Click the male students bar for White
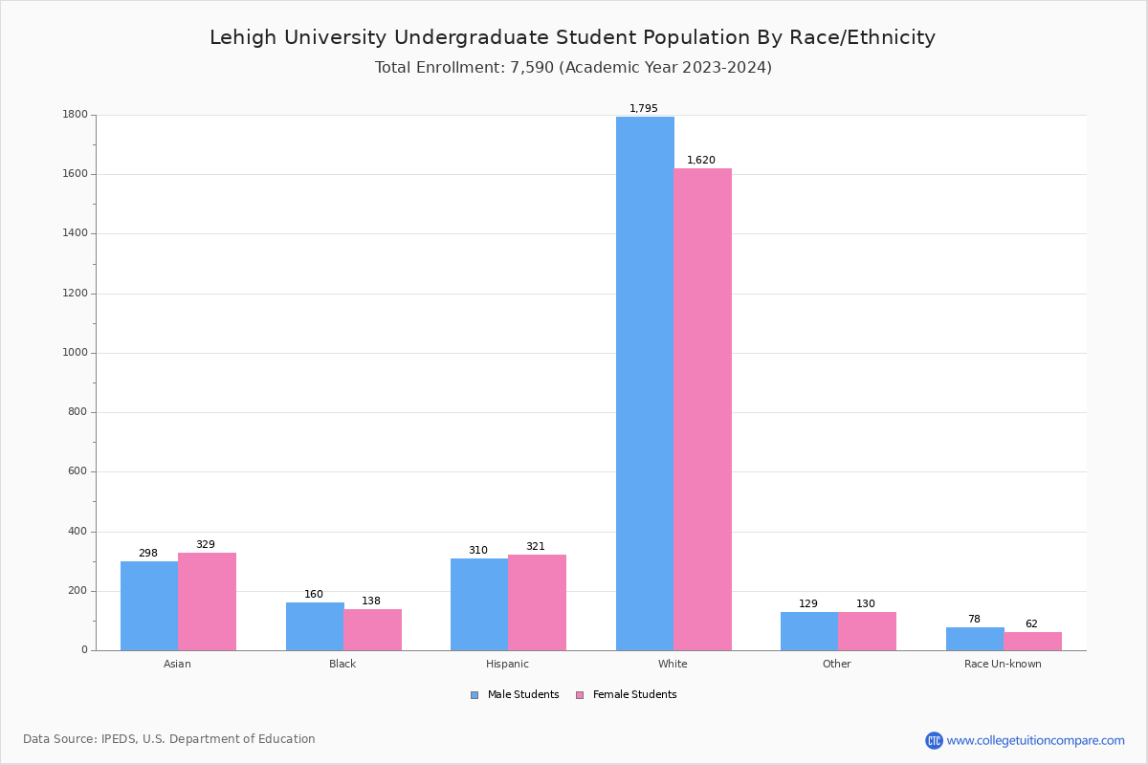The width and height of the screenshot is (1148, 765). point(645,382)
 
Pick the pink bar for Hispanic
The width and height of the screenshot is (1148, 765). point(537,602)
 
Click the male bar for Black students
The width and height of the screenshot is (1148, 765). point(315,626)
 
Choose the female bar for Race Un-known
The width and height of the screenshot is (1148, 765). point(1032,641)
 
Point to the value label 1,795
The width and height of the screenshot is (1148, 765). point(644,109)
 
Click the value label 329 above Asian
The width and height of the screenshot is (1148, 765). point(206,545)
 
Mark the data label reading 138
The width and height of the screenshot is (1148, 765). point(371,601)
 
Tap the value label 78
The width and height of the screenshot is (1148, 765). point(974,620)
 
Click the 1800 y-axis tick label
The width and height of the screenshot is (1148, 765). point(75,115)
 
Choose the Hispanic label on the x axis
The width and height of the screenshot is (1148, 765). point(507,664)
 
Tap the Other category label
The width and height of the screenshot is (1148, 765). point(836,664)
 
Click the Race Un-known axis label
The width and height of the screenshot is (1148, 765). point(1003,664)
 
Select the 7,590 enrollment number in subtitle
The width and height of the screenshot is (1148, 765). point(525,68)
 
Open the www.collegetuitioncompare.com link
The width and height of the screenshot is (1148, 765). point(1035,740)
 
